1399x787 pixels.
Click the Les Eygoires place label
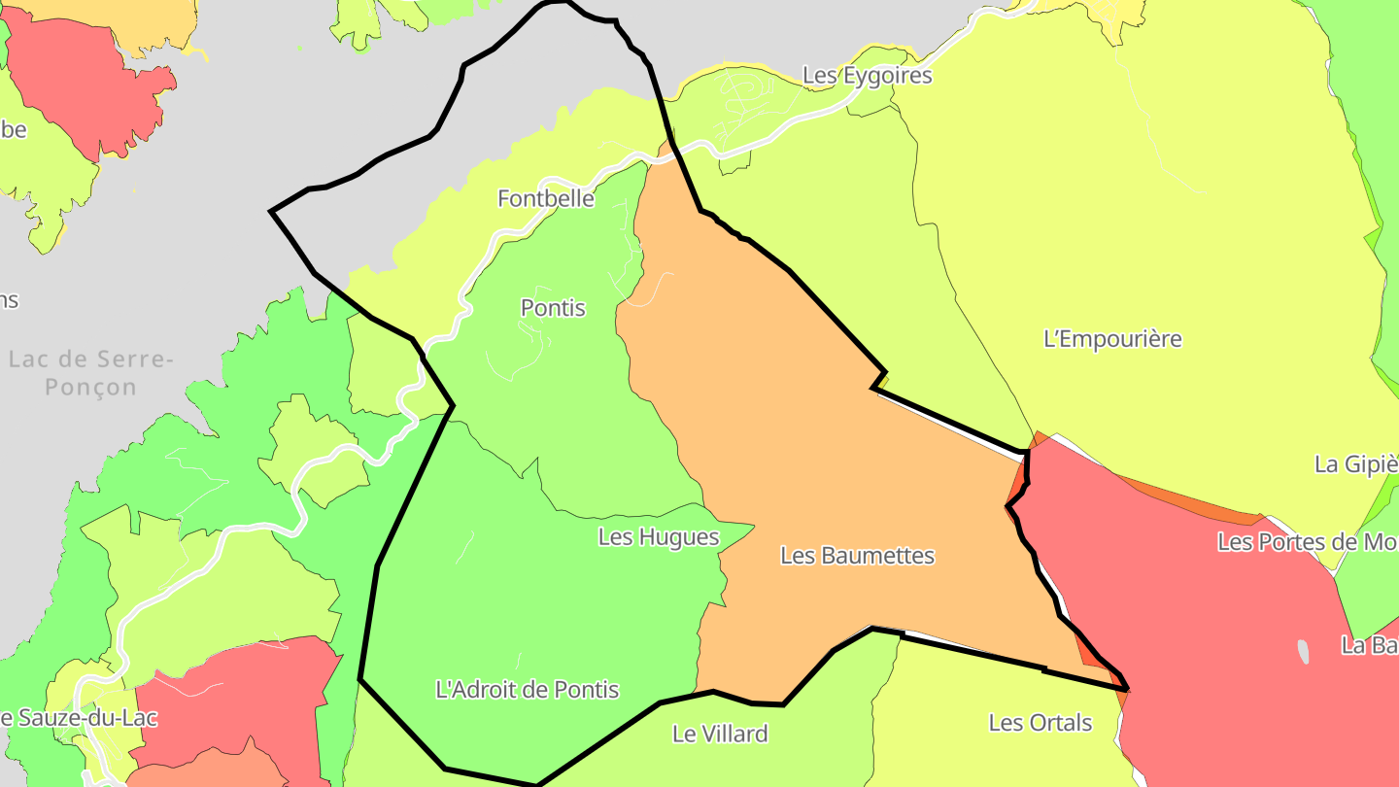tap(867, 76)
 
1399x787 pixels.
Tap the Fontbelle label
tap(545, 199)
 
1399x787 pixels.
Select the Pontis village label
tap(553, 308)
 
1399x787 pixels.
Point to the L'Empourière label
tap(1111, 339)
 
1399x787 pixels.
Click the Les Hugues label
tap(658, 536)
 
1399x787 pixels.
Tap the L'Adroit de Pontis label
tap(527, 690)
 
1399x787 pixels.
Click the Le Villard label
tap(719, 734)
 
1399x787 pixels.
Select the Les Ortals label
tap(1040, 723)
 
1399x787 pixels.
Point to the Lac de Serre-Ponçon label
tap(90, 373)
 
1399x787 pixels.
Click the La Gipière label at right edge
tap(1355, 464)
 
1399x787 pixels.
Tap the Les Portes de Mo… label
tap(1307, 542)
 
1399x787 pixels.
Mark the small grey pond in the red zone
tap(1303, 651)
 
